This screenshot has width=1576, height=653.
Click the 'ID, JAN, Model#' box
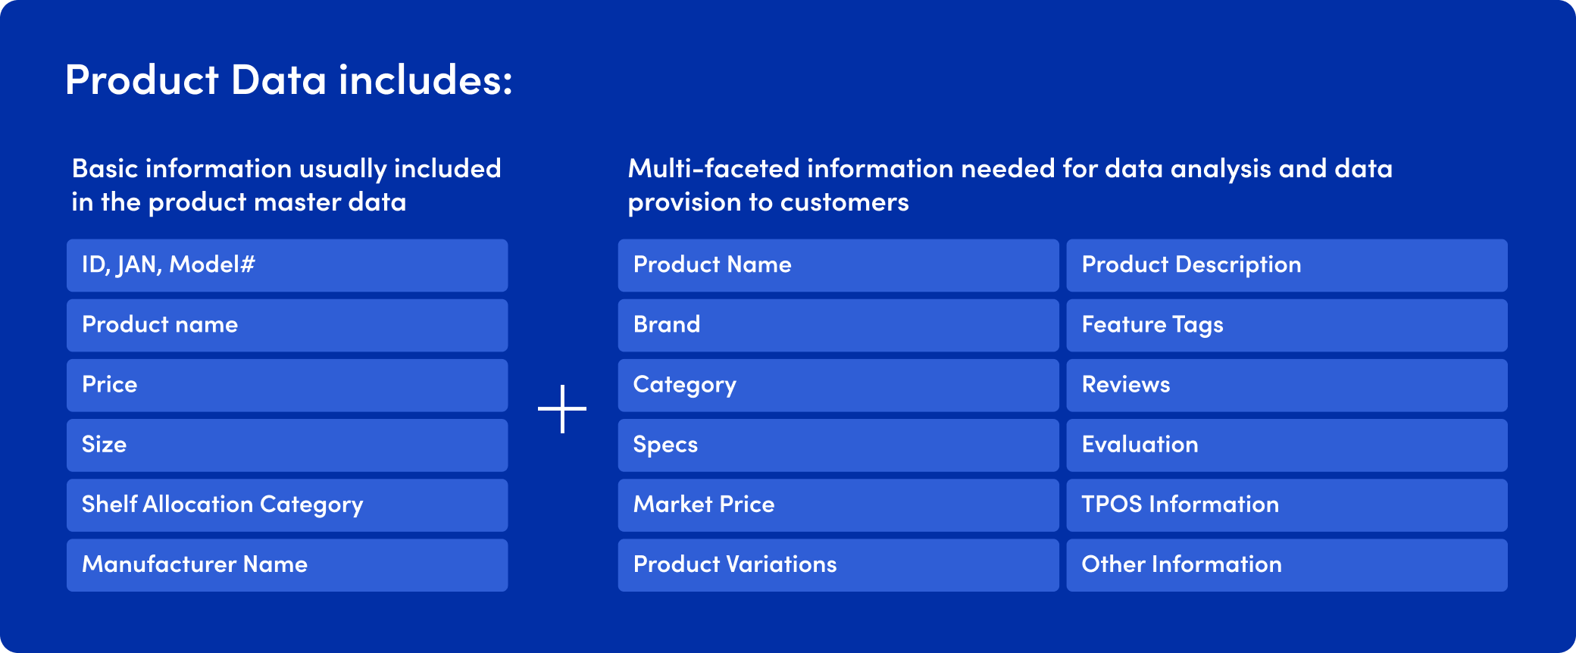pyautogui.click(x=287, y=265)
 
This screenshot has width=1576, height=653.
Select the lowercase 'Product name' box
pyautogui.click(x=287, y=325)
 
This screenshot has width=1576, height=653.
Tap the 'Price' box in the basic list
pyautogui.click(x=287, y=385)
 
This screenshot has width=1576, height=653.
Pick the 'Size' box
pyautogui.click(x=287, y=445)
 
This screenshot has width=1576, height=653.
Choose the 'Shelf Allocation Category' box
pyautogui.click(x=287, y=505)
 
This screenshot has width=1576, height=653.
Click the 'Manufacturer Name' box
pyautogui.click(x=287, y=564)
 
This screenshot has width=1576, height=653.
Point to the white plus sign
pyautogui.click(x=562, y=409)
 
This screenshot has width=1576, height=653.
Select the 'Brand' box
pyautogui.click(x=838, y=325)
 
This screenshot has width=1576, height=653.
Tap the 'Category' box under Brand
pyautogui.click(x=838, y=385)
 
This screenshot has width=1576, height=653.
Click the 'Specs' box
pyautogui.click(x=838, y=445)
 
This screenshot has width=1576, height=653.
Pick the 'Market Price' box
pyautogui.click(x=838, y=505)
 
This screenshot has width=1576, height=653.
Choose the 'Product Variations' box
pyautogui.click(x=838, y=564)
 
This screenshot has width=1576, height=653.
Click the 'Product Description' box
pyautogui.click(x=1287, y=265)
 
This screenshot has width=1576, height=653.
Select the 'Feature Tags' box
pyautogui.click(x=1287, y=325)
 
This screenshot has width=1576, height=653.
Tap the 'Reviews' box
pyautogui.click(x=1287, y=385)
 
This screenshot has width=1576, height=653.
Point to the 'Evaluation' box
pyautogui.click(x=1287, y=445)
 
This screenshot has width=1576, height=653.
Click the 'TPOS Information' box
pyautogui.click(x=1287, y=505)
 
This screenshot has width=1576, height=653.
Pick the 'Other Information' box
pyautogui.click(x=1287, y=564)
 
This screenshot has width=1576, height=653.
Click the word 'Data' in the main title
pyautogui.click(x=278, y=80)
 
